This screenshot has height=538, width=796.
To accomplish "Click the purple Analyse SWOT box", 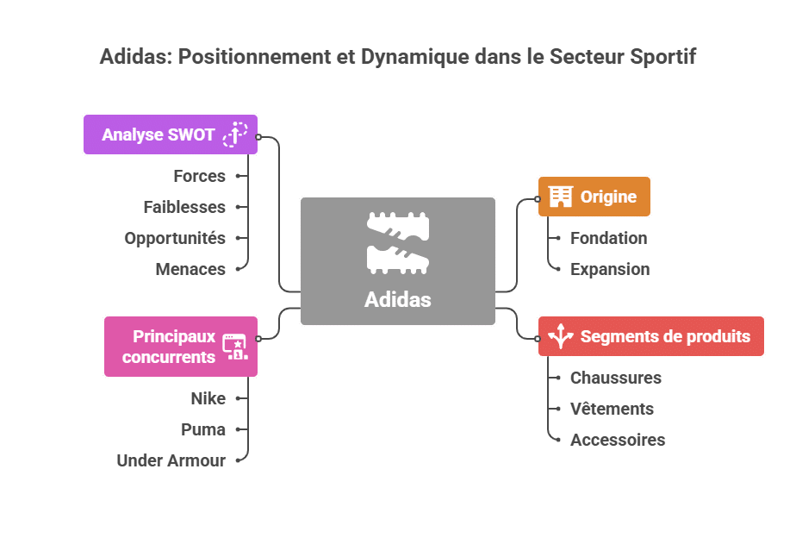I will pos(171,134).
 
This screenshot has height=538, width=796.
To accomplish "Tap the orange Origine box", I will pos(594,197).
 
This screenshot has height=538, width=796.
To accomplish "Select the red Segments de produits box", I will pos(651,336).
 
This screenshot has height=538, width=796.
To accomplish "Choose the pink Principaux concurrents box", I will pos(181,347).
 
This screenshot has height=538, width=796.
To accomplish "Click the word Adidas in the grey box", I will pos(398,300).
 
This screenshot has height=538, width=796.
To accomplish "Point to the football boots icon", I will pos(398,242).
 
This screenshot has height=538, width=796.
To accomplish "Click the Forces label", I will pos(199,176).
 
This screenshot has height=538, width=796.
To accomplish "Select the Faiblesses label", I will pos(184,207).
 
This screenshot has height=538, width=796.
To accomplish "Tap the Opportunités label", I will pos(175,238).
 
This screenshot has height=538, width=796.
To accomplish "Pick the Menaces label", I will pos(190,269).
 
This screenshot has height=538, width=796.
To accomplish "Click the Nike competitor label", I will pos(208,398).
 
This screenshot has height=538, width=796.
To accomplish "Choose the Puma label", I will pos(203,429).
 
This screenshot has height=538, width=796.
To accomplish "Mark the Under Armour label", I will pos(171,460).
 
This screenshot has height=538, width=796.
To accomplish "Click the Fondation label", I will pos(608,238).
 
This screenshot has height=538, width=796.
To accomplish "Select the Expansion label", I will pos(610,269).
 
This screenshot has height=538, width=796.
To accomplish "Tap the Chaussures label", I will pos(616,378).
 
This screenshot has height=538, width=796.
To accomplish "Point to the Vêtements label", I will pos(612,409).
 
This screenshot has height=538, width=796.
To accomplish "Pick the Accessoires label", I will pos(618,440).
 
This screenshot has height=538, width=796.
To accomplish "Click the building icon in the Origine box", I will pos(561,197).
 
